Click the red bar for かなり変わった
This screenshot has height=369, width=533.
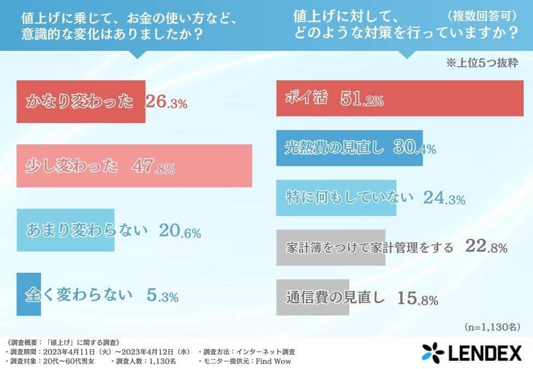tap(81, 101)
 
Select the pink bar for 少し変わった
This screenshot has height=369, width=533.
tap(134, 166)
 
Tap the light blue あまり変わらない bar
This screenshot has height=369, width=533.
tap(65, 230)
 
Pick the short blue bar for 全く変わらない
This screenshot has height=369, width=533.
tap(28, 295)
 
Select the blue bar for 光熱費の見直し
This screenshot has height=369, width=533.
tap(349, 148)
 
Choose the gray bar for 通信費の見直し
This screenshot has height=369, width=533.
tap(312, 297)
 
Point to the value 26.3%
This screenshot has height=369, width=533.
tap(167, 102)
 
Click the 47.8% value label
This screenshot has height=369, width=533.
tap(154, 167)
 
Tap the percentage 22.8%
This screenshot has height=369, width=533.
tap(486, 247)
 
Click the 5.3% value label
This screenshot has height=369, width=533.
tap(162, 296)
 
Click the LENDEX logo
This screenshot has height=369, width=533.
tap(472, 352)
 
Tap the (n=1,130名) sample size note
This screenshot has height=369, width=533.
tap(493, 327)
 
